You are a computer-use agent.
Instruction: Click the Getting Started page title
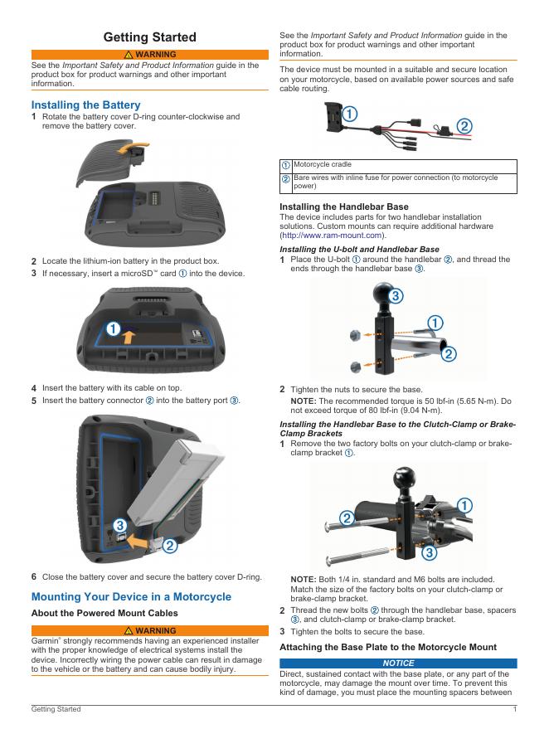coord(149,36)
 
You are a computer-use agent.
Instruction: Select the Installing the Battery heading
coord(85,105)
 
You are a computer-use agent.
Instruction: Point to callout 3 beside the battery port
coord(120,525)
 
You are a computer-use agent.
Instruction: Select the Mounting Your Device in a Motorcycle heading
coord(131,597)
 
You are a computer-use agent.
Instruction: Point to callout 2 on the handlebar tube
coord(449,354)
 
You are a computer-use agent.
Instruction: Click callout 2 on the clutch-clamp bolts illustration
coord(347,518)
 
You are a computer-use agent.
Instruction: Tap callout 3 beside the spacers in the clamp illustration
coord(429,552)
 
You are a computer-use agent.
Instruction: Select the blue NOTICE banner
coord(398,663)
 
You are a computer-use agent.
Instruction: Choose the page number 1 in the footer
coord(515,709)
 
